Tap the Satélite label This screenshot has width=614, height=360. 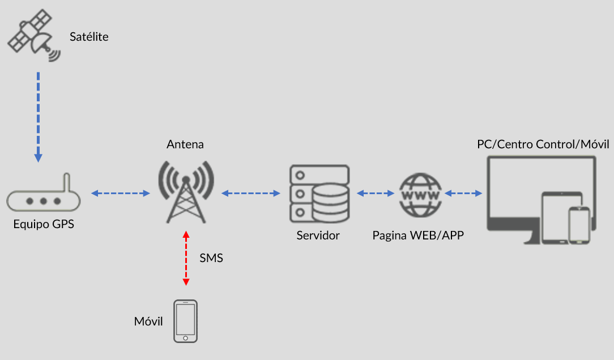89,37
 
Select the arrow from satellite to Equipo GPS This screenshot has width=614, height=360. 38,116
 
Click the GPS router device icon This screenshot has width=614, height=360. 43,198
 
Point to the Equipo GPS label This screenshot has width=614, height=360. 44,224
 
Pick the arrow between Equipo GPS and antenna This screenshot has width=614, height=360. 120,194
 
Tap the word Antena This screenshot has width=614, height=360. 185,144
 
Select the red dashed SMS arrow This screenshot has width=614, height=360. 185,258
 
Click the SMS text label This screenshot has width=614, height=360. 211,258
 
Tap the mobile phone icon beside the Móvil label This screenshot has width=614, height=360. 185,321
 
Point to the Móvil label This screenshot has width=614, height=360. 148,322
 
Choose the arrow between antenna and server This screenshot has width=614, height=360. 251,194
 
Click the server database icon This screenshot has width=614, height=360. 319,194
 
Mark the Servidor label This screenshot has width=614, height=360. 318,235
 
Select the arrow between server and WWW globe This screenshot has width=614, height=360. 376,194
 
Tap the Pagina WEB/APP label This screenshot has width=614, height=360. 418,235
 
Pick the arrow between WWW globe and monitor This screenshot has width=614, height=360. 463,194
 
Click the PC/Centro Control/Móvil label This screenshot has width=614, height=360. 542,144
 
